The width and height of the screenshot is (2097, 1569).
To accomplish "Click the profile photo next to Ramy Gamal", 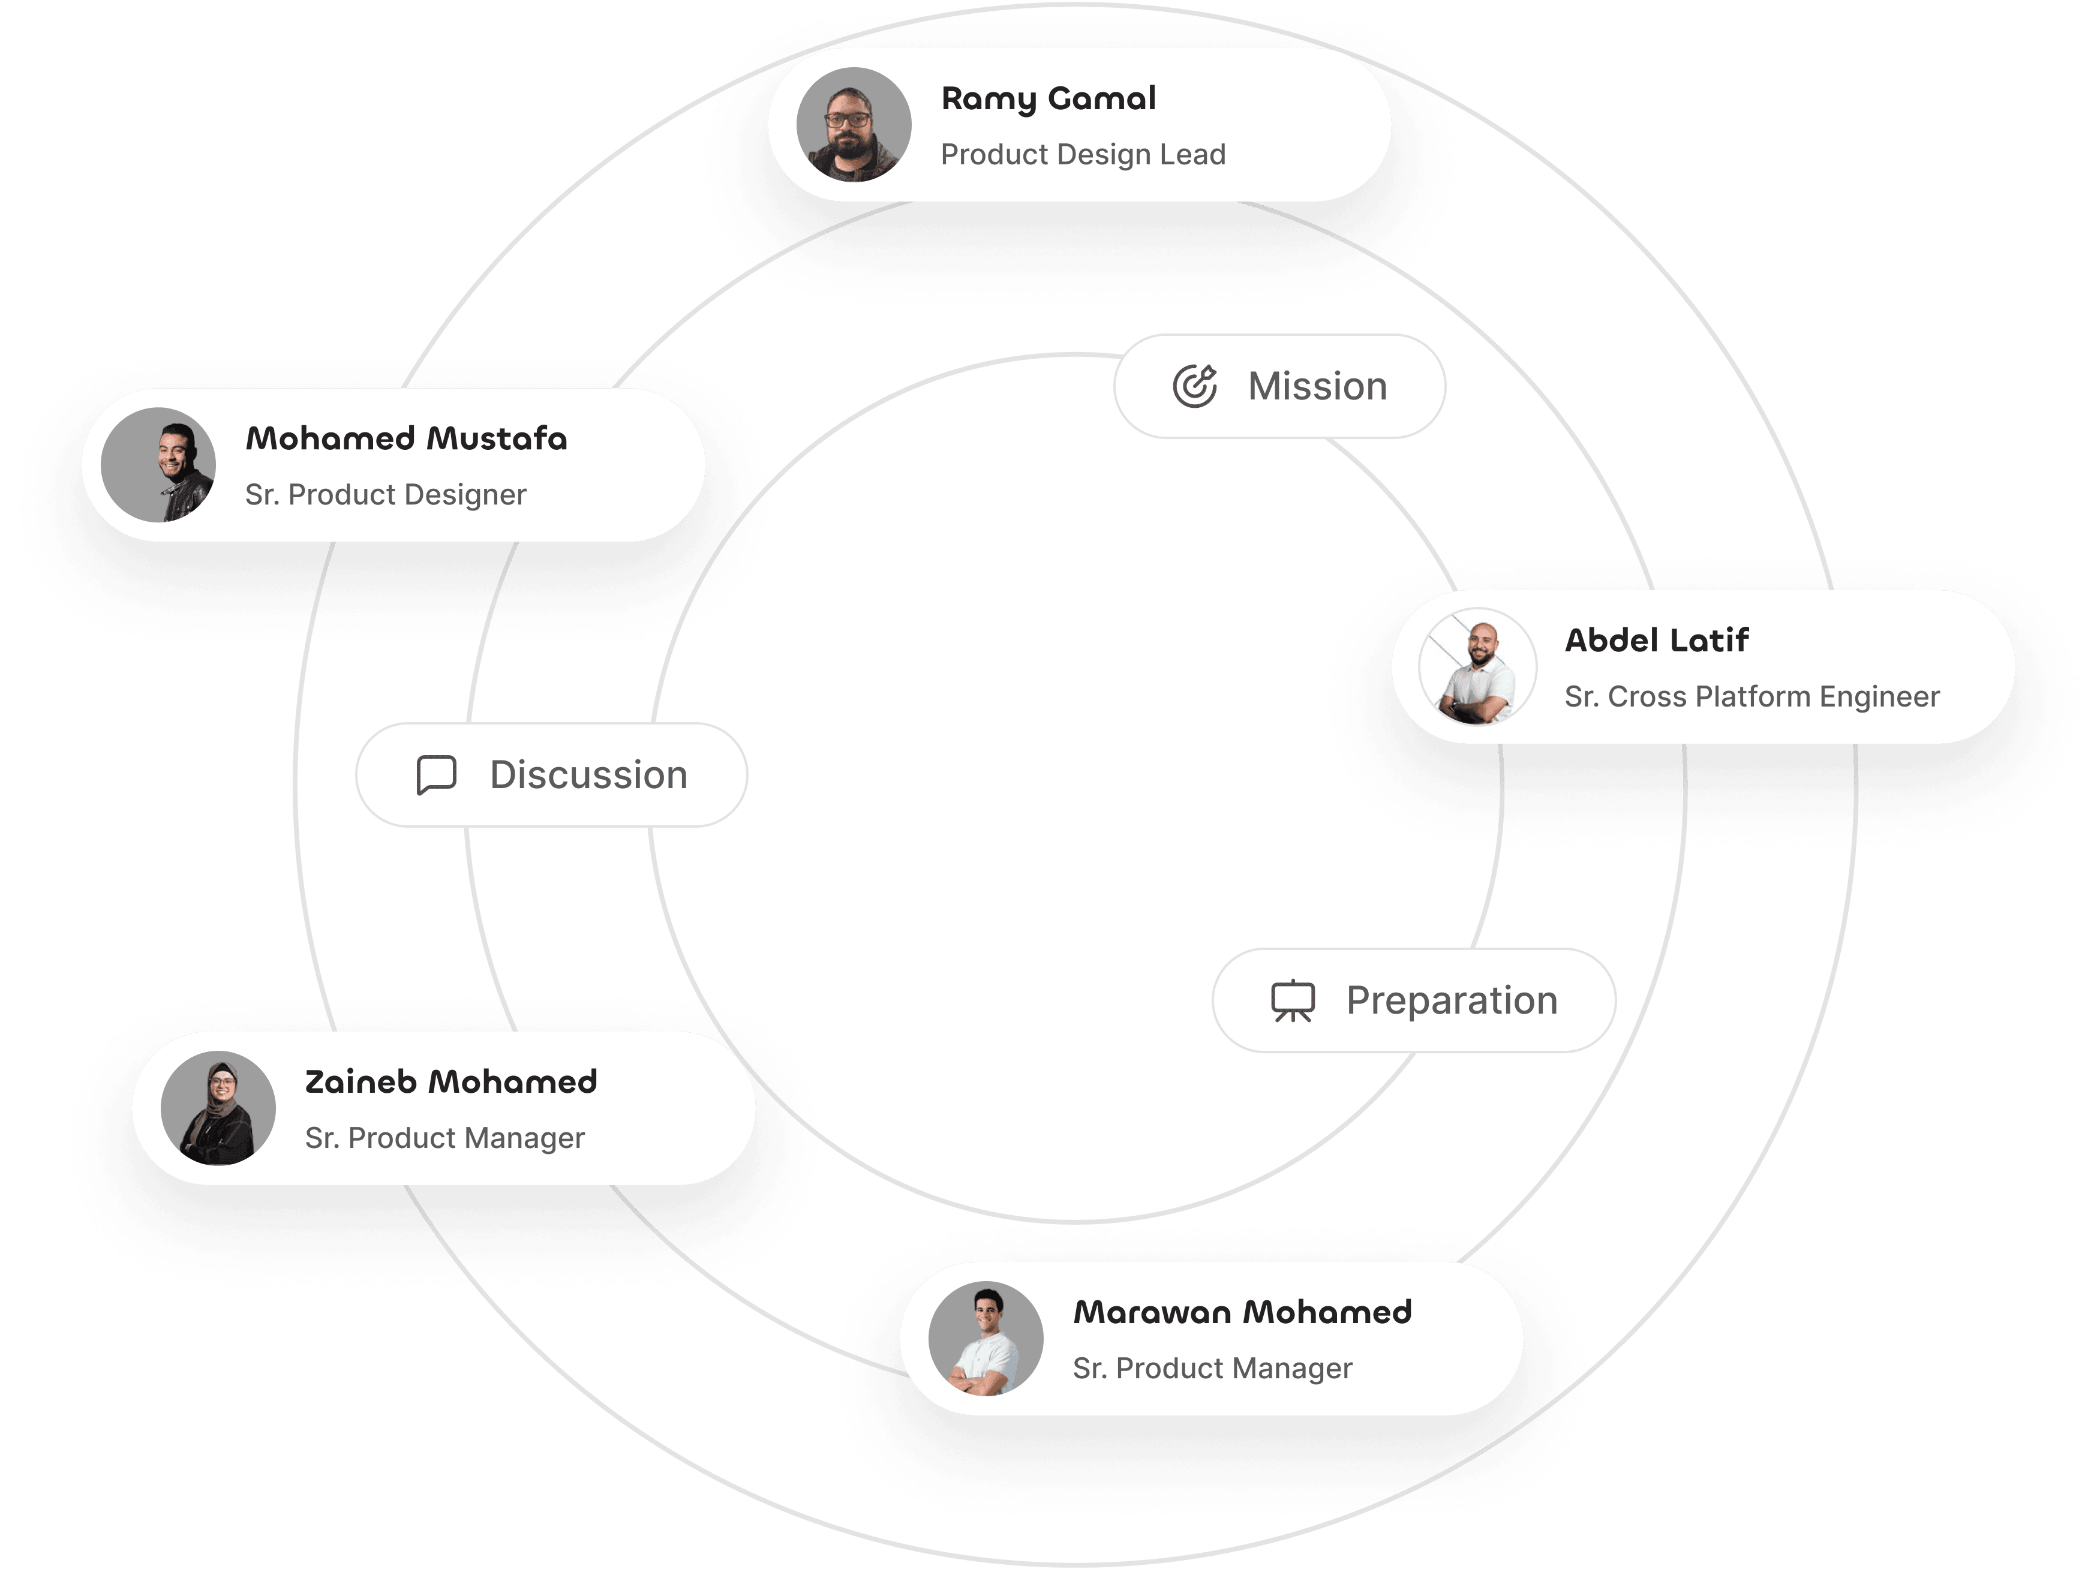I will tap(853, 124).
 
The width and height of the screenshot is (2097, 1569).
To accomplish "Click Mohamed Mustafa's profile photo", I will tap(158, 465).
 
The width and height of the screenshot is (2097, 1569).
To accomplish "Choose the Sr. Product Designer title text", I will tap(385, 494).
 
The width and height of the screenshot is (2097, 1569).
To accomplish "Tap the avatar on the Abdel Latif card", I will tap(1477, 666).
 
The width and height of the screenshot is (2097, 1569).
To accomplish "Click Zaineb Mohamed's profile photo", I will tap(218, 1107).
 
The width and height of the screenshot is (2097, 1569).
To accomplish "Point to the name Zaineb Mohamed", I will tap(450, 1082).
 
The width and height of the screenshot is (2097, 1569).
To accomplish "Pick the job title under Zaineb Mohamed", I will tap(444, 1138).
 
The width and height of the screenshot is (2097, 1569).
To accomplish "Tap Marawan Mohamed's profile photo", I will tap(986, 1339).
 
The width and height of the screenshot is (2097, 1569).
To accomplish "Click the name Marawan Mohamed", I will tap(1242, 1312).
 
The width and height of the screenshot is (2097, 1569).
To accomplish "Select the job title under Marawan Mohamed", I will tap(1212, 1368).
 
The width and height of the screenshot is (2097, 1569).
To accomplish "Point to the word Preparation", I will tap(1452, 1000).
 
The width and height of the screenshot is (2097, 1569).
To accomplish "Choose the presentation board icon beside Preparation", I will tap(1292, 1001).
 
